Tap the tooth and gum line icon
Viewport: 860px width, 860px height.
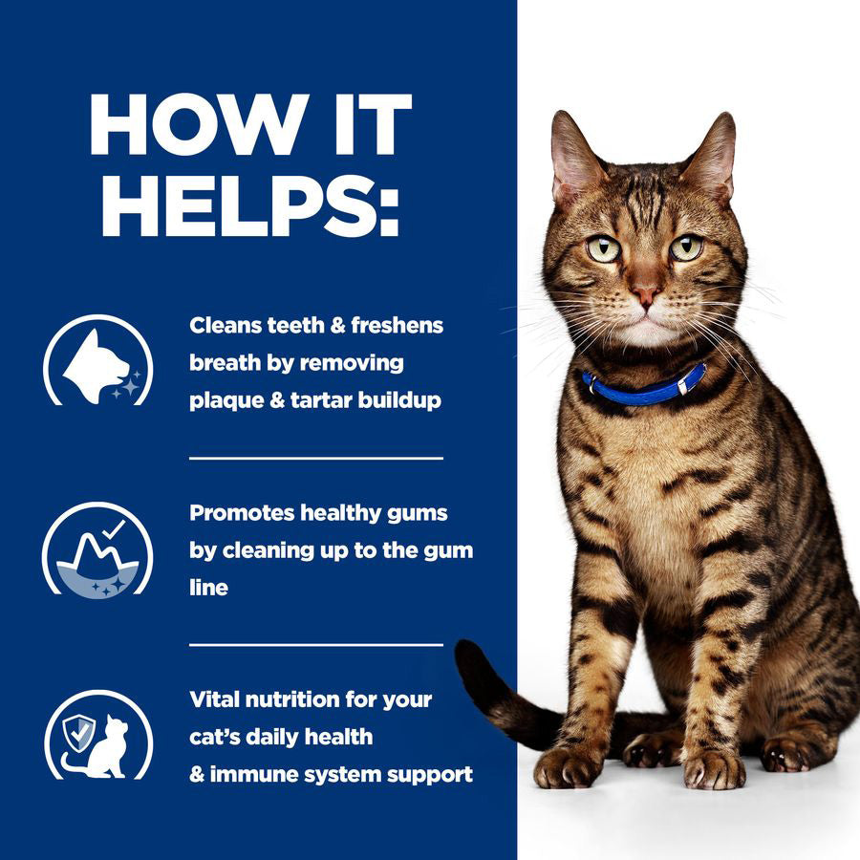tap(97, 549)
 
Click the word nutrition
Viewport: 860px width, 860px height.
tap(301, 699)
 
